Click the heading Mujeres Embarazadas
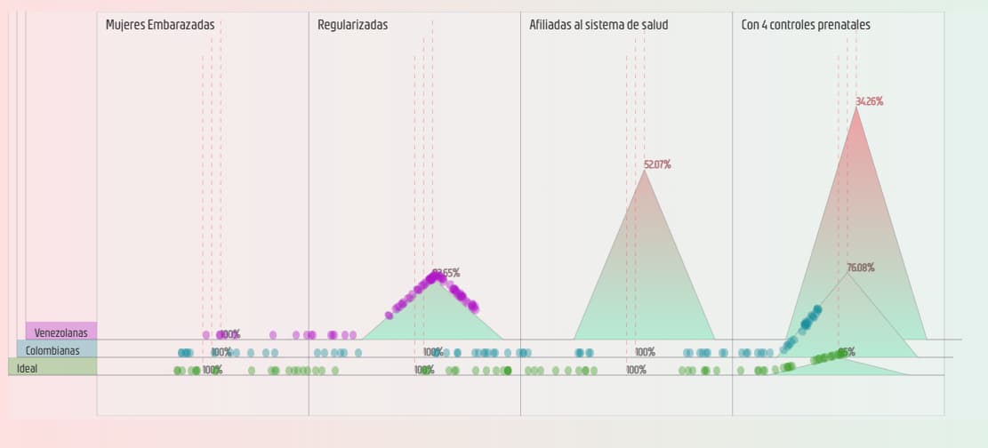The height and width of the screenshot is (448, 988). (x=160, y=25)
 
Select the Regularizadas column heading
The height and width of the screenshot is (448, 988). (x=352, y=25)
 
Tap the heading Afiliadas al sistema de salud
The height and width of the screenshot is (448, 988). (x=598, y=25)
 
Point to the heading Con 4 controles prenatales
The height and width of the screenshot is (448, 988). (x=806, y=25)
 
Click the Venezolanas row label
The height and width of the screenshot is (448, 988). (x=61, y=332)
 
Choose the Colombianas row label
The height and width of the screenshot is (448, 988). (x=52, y=350)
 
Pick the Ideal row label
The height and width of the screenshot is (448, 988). (x=28, y=368)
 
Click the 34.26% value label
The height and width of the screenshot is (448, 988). (x=869, y=101)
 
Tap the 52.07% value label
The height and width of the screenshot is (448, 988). (x=657, y=164)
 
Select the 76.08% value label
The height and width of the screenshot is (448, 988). (x=860, y=268)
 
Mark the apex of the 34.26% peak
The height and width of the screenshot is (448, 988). (x=855, y=108)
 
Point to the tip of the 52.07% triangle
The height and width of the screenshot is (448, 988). (x=644, y=171)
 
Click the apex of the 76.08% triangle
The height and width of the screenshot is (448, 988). (x=848, y=273)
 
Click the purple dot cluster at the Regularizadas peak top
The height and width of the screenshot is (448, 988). (x=435, y=278)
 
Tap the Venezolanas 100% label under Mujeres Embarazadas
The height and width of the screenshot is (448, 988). (x=229, y=334)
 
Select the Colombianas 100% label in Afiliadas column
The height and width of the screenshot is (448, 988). (x=645, y=352)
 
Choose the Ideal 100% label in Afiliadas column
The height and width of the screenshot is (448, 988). (x=636, y=370)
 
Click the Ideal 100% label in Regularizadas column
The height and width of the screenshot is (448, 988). (x=424, y=370)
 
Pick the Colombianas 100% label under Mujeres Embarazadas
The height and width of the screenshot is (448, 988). (x=221, y=352)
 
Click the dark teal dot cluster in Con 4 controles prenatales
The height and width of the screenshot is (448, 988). (x=808, y=319)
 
